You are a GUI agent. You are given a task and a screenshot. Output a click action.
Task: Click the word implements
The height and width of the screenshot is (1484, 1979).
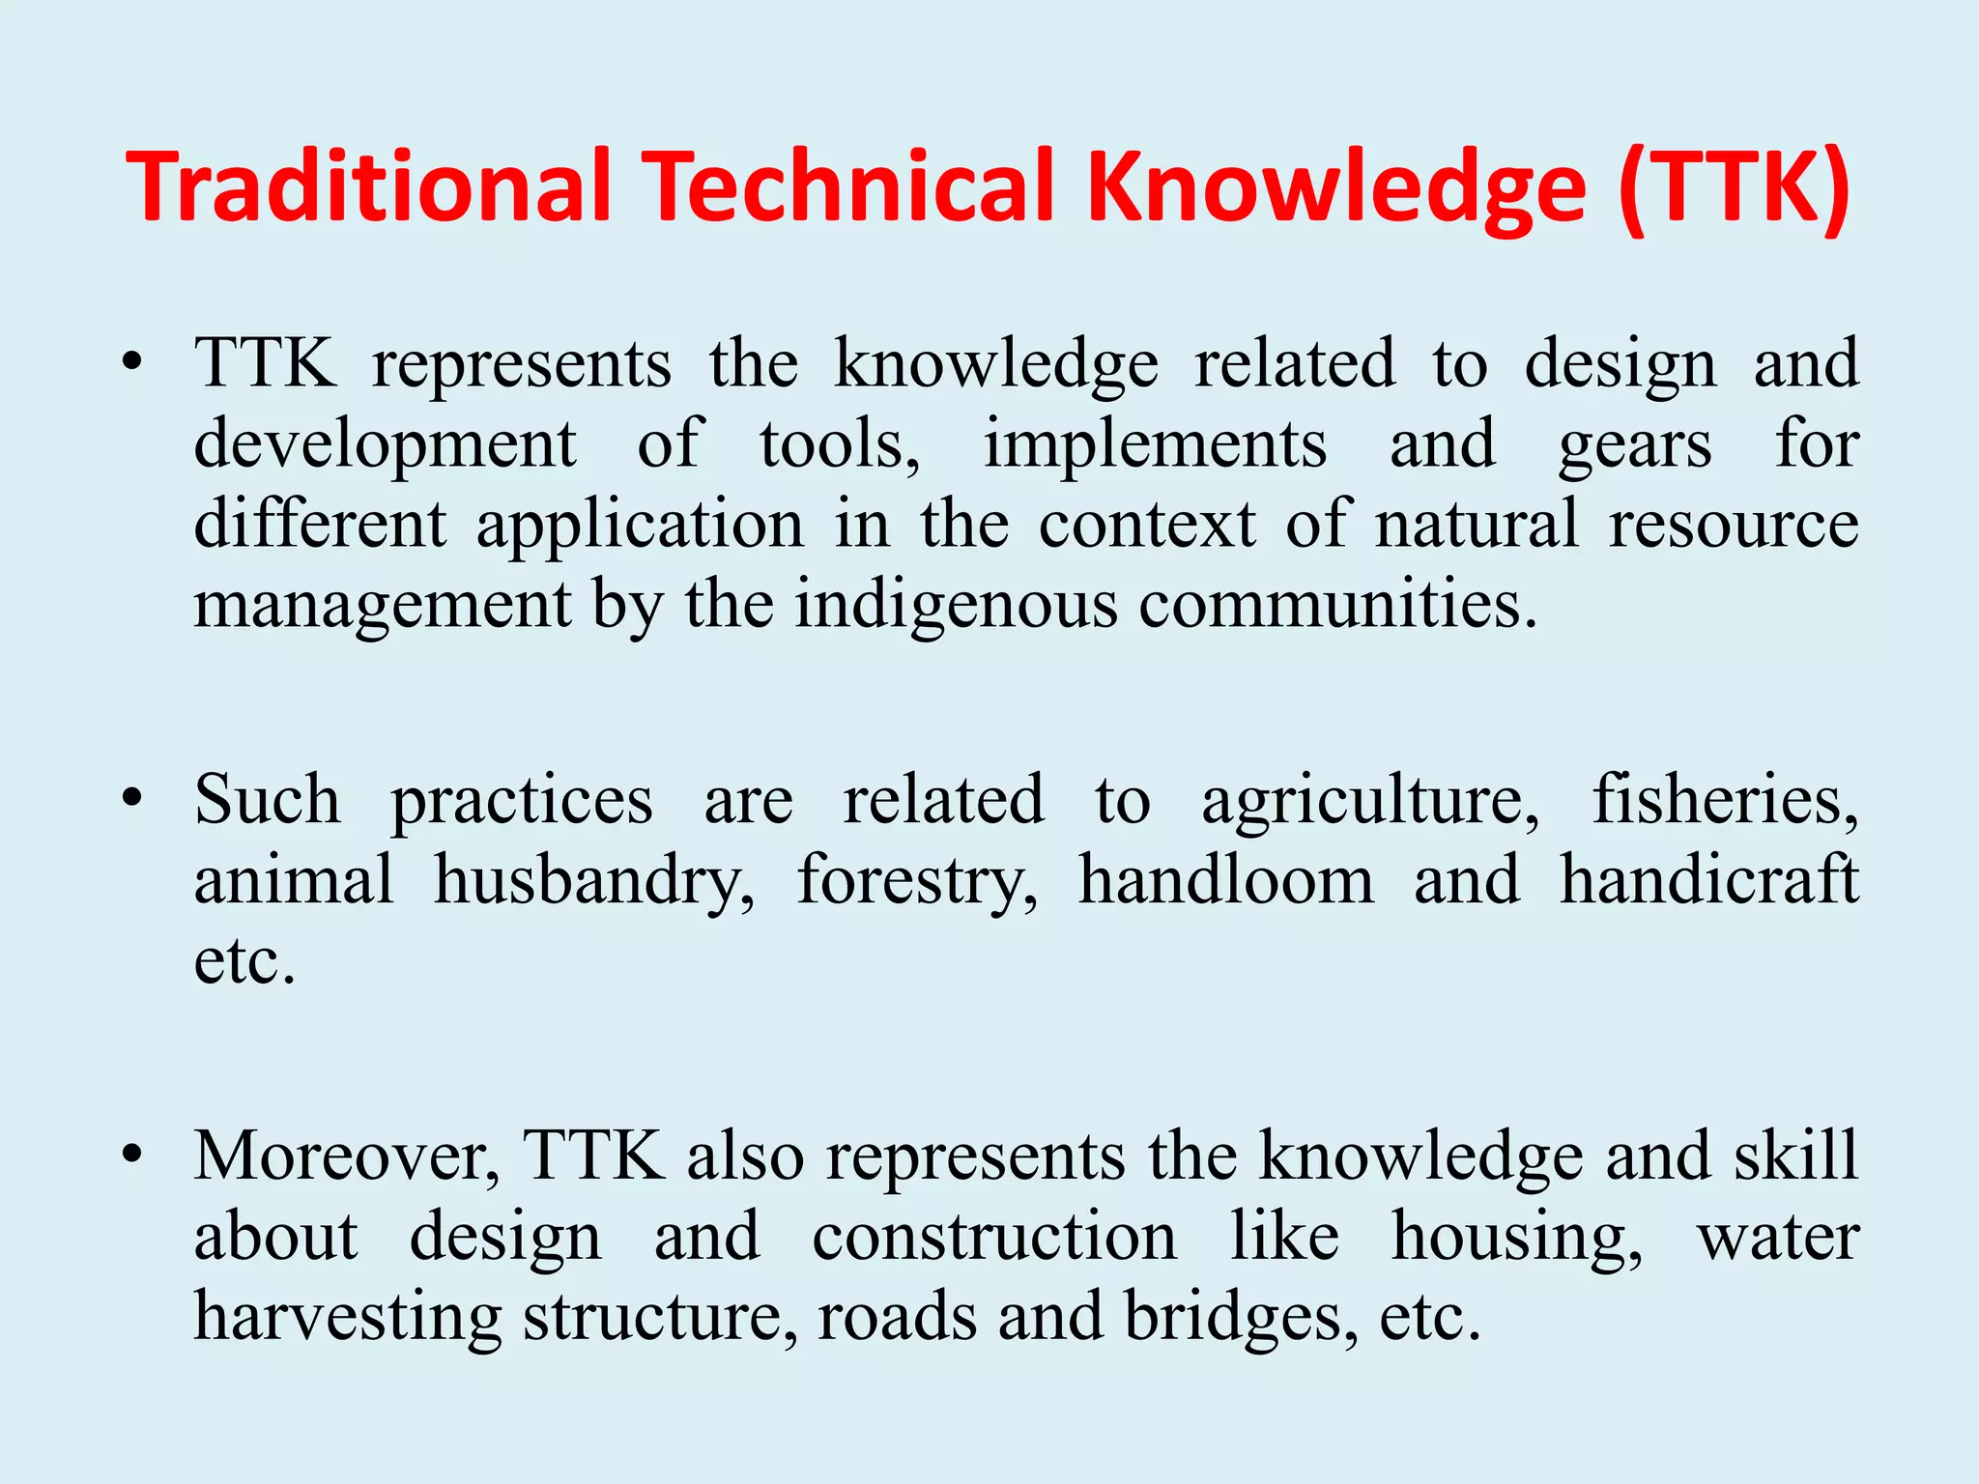click(1155, 446)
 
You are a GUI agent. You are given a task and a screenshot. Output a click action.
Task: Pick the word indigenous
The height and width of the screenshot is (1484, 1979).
click(954, 607)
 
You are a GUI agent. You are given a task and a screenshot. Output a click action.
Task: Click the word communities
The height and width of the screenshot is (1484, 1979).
click(1337, 605)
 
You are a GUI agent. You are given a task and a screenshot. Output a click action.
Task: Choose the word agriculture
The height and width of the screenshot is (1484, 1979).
click(1370, 802)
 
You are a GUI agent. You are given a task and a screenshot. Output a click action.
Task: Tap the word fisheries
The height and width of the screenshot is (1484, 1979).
click(1725, 800)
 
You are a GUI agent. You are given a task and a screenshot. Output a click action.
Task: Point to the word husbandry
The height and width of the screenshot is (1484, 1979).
click(594, 881)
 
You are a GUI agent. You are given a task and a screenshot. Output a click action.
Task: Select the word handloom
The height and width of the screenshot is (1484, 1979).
click(1225, 879)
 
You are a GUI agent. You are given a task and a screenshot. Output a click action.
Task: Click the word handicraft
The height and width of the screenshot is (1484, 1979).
click(1708, 879)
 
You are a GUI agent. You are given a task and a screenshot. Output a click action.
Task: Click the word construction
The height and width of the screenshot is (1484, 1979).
click(994, 1237)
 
